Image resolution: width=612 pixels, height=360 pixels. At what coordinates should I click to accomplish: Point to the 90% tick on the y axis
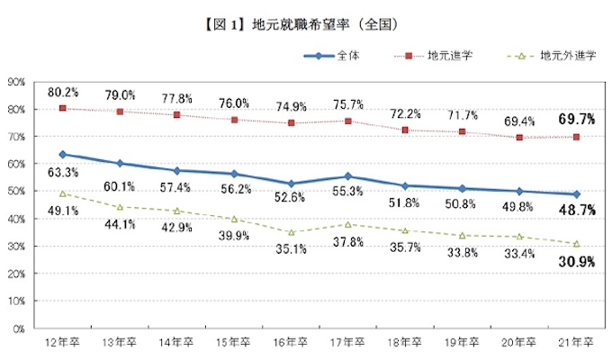point(15,82)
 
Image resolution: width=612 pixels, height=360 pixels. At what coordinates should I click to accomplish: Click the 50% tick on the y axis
point(15,192)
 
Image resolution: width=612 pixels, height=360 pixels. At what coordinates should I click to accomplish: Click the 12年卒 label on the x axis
point(62,343)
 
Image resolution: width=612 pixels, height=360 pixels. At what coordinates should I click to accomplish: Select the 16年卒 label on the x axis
point(291,343)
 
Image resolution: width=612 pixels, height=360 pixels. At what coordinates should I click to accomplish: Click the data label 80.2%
point(63,92)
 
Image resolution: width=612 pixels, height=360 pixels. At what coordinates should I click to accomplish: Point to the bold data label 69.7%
point(576,119)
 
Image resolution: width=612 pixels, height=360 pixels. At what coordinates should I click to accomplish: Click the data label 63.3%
point(63,172)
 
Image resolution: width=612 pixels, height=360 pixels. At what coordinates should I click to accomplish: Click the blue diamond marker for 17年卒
point(347,177)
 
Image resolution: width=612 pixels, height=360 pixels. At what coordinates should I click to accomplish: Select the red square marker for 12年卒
point(62,108)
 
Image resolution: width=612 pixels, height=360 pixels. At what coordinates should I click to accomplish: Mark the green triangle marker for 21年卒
point(576,244)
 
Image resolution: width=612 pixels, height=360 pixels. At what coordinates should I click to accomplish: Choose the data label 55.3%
point(347,193)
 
